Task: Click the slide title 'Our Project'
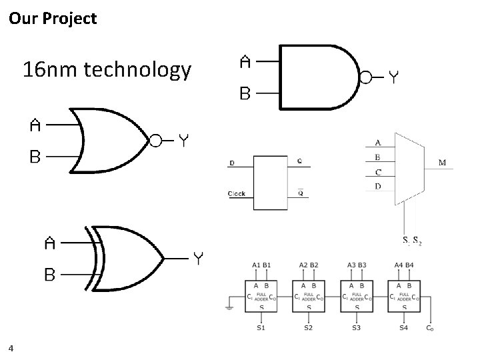[x=53, y=18]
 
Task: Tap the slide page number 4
[x=12, y=347]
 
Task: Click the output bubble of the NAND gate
[x=365, y=78]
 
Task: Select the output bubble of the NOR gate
[x=155, y=140]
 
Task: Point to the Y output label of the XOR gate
[x=198, y=257]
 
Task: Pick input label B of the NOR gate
[x=35, y=157]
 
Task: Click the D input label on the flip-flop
[x=232, y=163]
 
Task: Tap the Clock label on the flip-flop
[x=237, y=194]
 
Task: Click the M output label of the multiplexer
[x=443, y=162]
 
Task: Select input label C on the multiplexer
[x=378, y=172]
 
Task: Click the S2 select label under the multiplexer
[x=417, y=240]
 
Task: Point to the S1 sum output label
[x=261, y=327]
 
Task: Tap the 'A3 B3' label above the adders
[x=356, y=265]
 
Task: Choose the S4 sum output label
[x=403, y=327]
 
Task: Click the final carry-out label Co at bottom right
[x=431, y=327]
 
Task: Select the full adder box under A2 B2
[x=309, y=297]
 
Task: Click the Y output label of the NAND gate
[x=395, y=78]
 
